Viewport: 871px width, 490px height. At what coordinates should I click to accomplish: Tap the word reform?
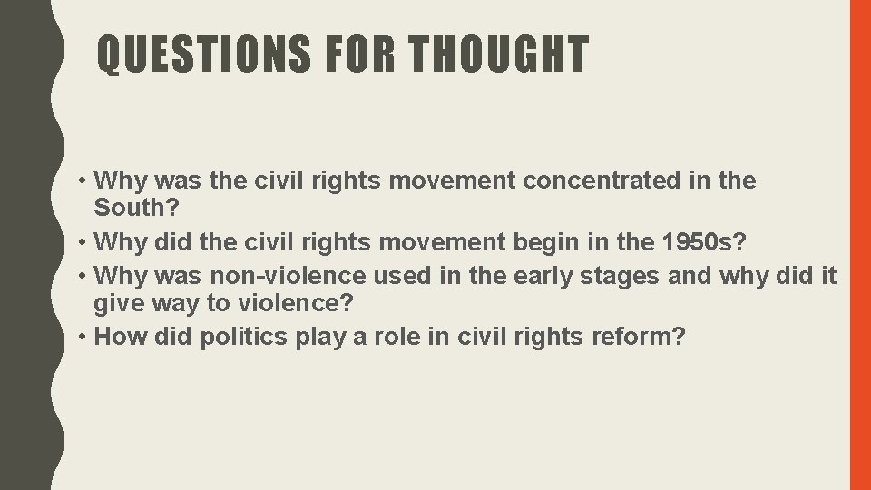[639, 337]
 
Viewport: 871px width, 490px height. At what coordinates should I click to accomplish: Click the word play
[325, 337]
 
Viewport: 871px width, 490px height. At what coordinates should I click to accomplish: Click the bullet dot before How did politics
[83, 338]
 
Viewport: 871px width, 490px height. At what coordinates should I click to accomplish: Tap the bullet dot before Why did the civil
[83, 243]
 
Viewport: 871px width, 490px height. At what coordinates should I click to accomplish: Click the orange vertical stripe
[859, 245]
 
